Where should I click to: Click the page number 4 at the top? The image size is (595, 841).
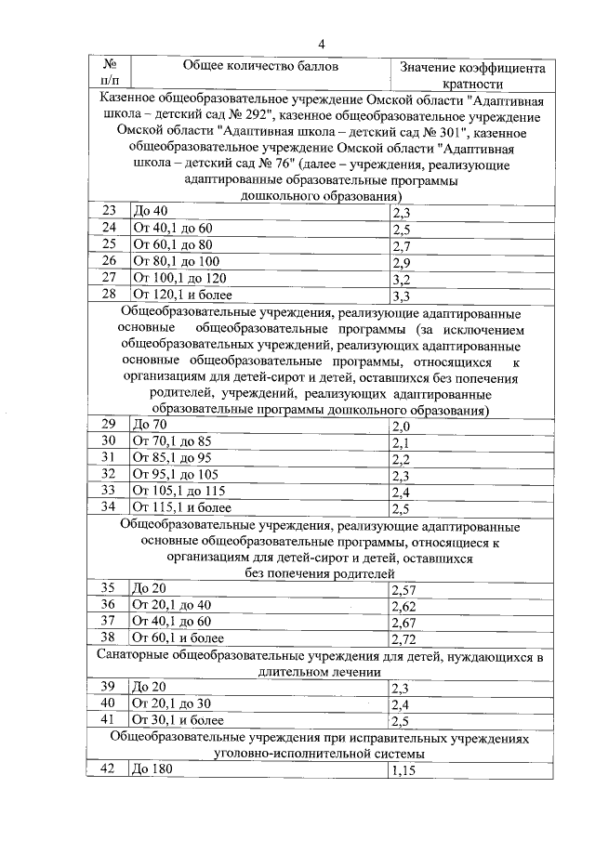click(323, 43)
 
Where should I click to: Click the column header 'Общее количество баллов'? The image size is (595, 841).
click(261, 67)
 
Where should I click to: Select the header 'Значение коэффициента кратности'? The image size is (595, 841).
click(470, 75)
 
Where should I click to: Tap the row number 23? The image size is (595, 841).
click(109, 212)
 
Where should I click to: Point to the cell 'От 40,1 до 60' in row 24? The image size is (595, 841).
click(173, 229)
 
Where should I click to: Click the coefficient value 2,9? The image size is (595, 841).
click(402, 263)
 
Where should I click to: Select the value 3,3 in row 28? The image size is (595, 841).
click(402, 297)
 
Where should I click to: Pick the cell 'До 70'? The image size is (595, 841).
click(152, 425)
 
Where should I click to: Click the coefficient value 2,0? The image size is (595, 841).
click(402, 426)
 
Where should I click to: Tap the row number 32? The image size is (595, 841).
click(109, 475)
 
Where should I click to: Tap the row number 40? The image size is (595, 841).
click(109, 703)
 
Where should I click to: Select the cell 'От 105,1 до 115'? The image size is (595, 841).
click(179, 492)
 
